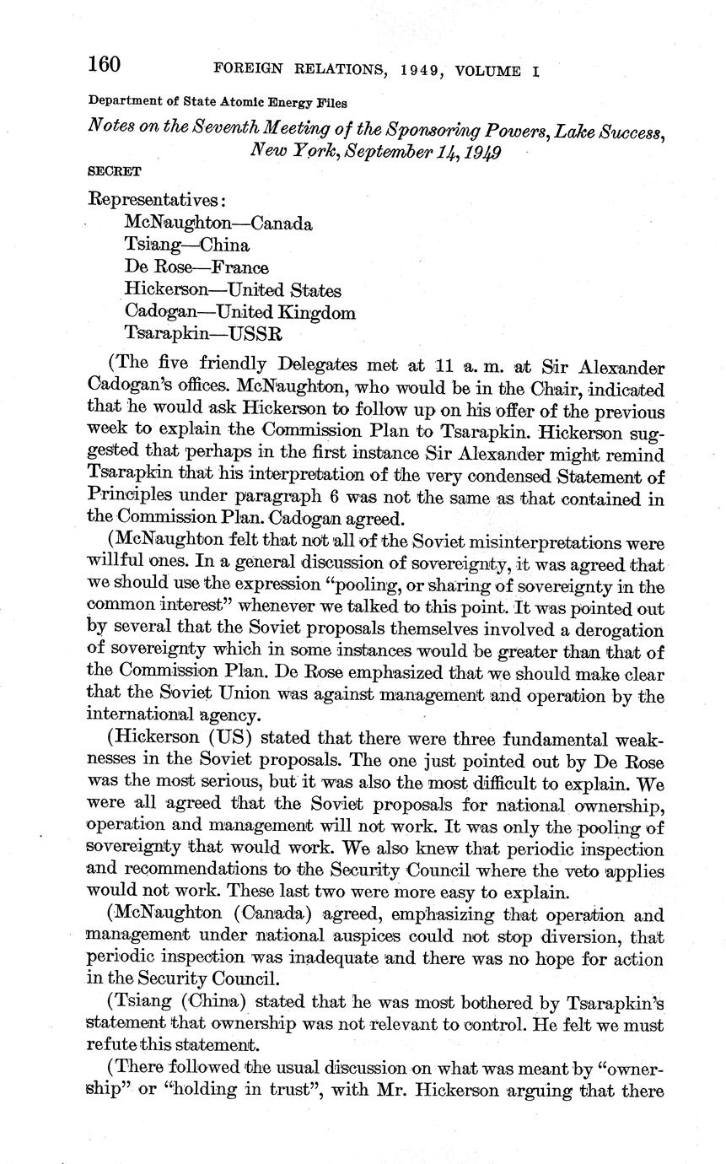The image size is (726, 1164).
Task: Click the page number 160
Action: (x=105, y=65)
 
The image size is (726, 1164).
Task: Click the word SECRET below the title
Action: (x=115, y=170)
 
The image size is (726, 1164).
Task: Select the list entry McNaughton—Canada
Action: (x=218, y=224)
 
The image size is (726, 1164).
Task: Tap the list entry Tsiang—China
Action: (x=186, y=245)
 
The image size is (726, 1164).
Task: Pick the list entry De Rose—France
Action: (x=196, y=267)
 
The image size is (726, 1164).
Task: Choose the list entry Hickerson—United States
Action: (x=232, y=290)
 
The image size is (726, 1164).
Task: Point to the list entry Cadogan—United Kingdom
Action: (x=239, y=312)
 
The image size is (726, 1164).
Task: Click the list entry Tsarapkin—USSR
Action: (x=202, y=334)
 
